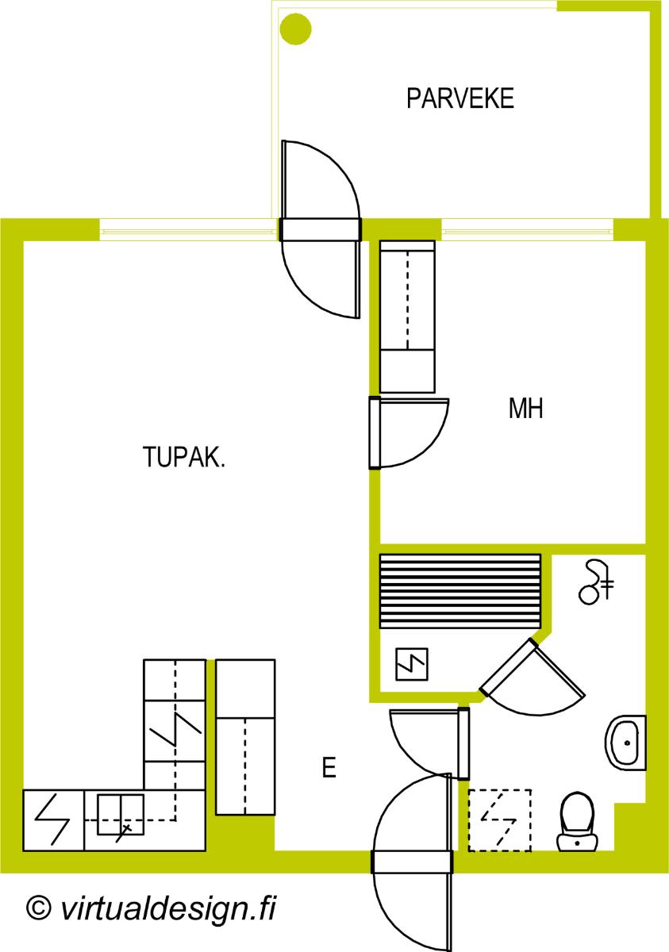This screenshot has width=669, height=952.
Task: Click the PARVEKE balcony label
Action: pos(460,98)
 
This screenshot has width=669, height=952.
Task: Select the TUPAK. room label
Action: pos(183,457)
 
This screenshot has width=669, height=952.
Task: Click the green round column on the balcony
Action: pos(296,29)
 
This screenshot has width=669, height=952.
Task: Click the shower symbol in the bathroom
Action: pos(596,582)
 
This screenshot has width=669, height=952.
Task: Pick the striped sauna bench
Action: pos(460,591)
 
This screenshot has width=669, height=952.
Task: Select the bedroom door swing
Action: pos(409,432)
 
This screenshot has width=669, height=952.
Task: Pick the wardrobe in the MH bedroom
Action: pos(407,317)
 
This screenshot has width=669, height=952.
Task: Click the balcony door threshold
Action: pos(320,230)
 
